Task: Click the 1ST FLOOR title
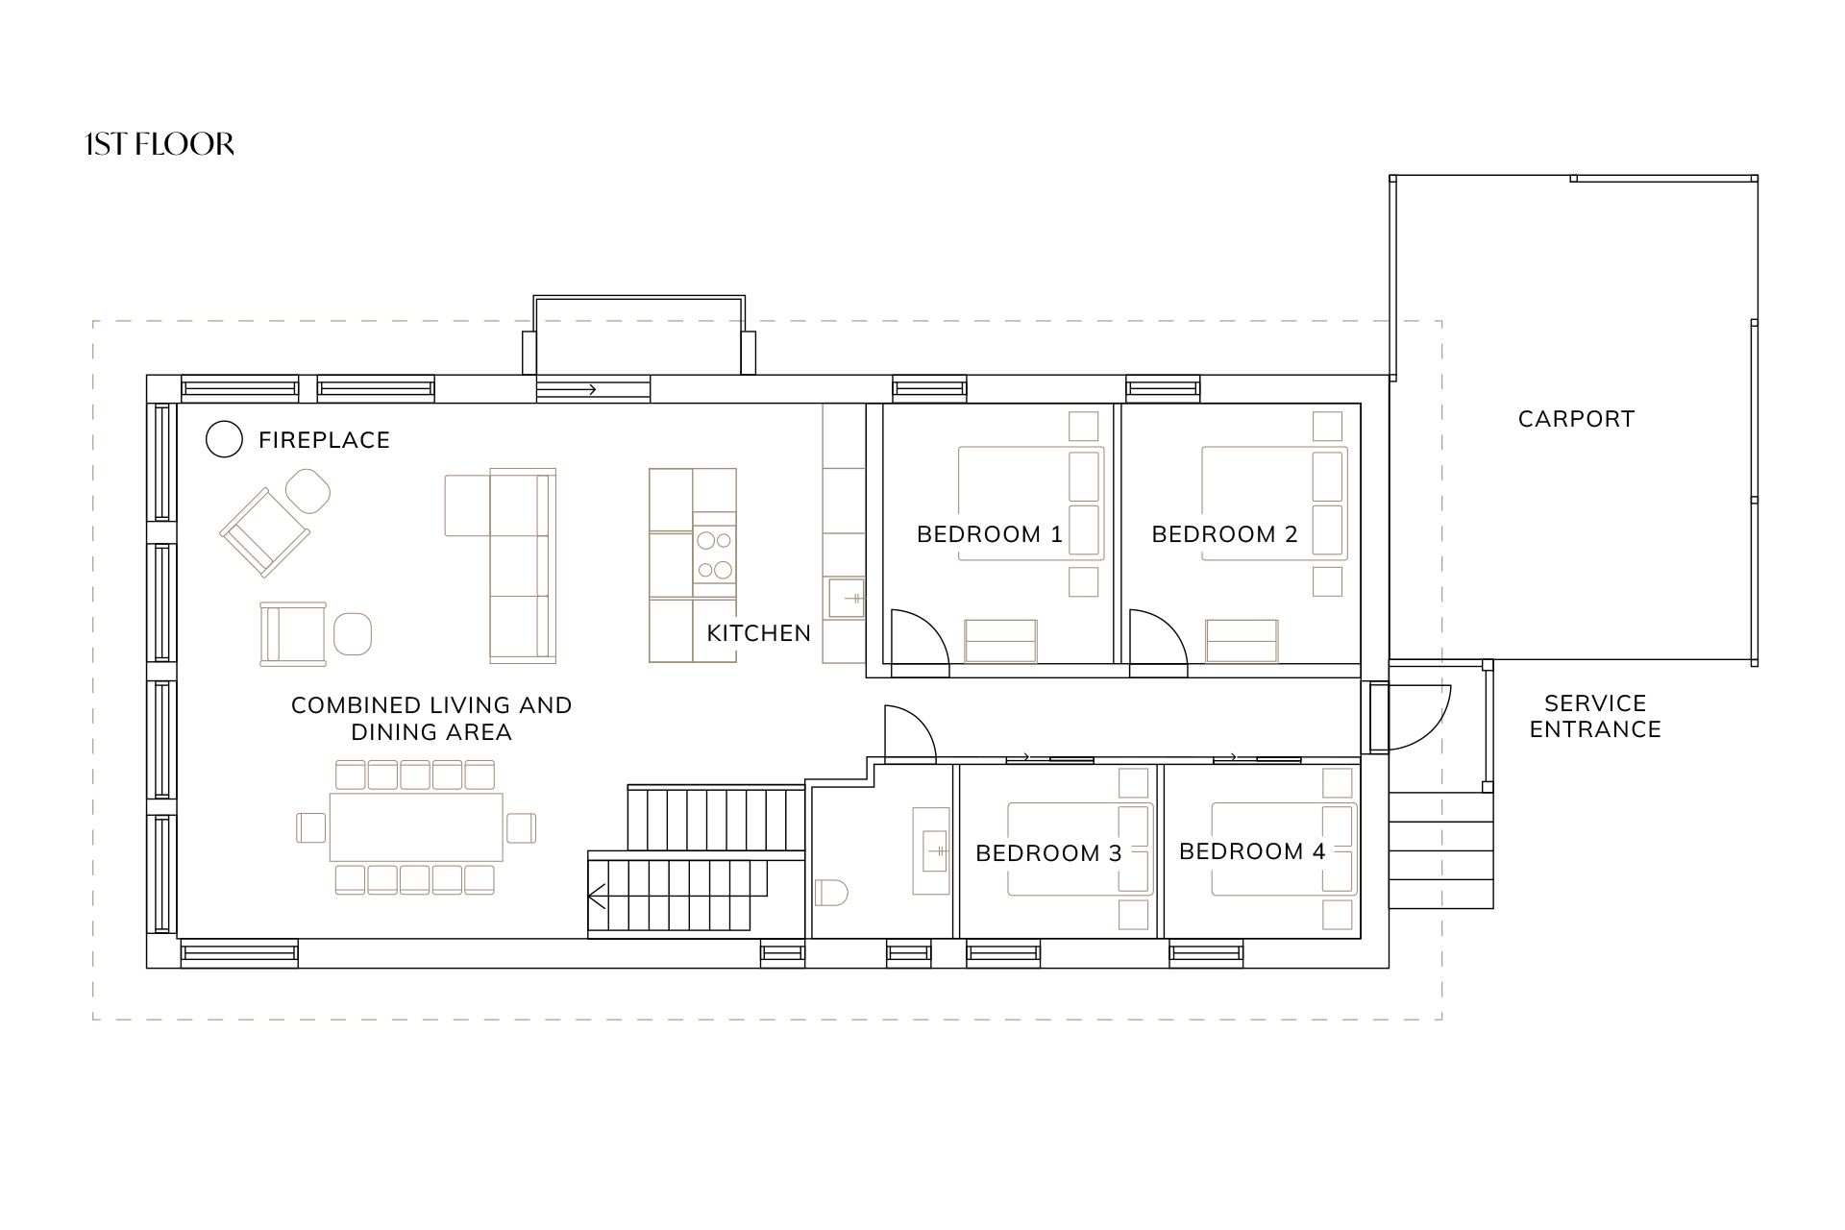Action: click(x=160, y=144)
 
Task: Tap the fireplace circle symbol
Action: click(x=224, y=439)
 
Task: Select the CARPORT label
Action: click(x=1576, y=419)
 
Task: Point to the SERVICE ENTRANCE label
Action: click(x=1595, y=716)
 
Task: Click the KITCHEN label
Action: click(x=759, y=633)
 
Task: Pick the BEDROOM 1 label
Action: click(x=990, y=534)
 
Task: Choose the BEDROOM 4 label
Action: click(x=1252, y=851)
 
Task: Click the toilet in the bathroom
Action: click(x=831, y=893)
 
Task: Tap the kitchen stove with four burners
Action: click(x=715, y=555)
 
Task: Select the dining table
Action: click(x=416, y=827)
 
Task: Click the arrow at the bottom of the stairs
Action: click(x=597, y=898)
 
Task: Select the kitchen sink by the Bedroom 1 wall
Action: click(x=844, y=600)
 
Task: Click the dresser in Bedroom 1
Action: click(x=1000, y=641)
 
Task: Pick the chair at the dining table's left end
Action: click(x=311, y=827)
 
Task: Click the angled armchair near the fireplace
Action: click(x=266, y=532)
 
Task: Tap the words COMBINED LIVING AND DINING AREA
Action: click(x=431, y=719)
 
